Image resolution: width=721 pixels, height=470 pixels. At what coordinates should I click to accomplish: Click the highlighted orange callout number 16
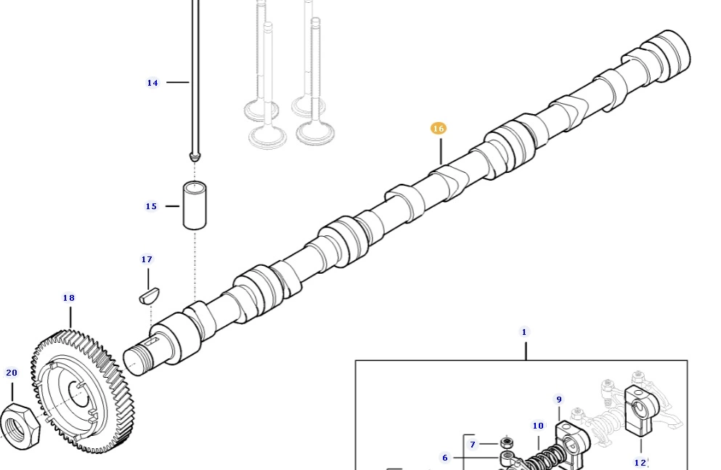tap(439, 129)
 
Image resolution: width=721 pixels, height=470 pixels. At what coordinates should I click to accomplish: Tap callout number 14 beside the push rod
tap(152, 83)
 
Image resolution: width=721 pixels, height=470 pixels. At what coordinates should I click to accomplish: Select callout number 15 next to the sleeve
tap(151, 206)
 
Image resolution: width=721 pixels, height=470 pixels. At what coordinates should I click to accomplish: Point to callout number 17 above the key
tap(147, 259)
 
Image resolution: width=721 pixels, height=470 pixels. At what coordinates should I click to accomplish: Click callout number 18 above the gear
tap(69, 298)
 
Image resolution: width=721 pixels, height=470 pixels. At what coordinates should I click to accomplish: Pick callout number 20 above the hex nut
tap(12, 373)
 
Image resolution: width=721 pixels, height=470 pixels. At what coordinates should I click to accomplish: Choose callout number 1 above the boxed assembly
tap(524, 331)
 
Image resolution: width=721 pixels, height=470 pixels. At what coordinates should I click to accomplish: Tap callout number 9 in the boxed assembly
tap(559, 400)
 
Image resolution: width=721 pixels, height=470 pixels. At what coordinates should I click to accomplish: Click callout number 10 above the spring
tap(538, 426)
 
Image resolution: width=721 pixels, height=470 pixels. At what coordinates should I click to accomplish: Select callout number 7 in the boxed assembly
tap(473, 445)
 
